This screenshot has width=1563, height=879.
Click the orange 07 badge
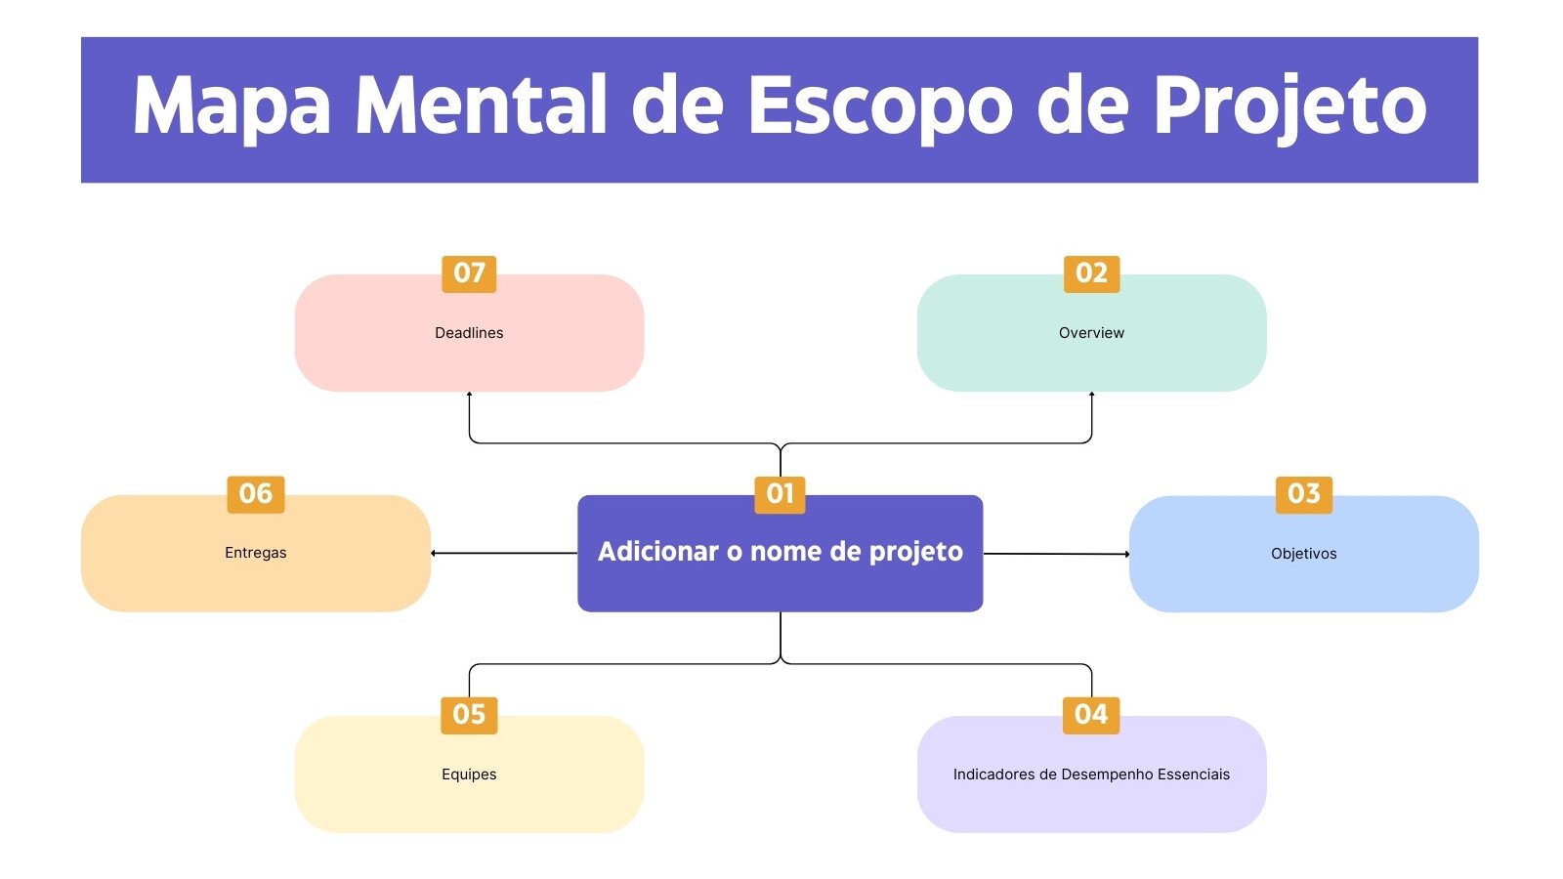tap(469, 273)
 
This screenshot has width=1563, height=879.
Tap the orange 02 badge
tap(1091, 273)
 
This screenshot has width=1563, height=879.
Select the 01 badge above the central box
tap(780, 494)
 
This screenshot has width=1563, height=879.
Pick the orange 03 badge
tap(1303, 494)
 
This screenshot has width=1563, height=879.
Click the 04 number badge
tap(1090, 715)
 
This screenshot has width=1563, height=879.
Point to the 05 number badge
tap(469, 715)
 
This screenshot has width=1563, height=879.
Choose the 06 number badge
tap(255, 494)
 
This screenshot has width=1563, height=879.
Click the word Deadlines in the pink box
tap(469, 333)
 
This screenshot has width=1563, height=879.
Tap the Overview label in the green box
tap(1091, 333)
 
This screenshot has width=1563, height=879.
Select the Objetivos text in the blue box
tap(1303, 554)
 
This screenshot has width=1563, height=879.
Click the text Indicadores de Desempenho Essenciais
tap(1091, 774)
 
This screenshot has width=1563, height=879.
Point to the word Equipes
tap(469, 774)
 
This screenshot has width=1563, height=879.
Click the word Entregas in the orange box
tap(255, 553)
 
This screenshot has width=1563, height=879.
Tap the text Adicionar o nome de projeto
tap(780, 552)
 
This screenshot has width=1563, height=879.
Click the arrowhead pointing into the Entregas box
tap(434, 554)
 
